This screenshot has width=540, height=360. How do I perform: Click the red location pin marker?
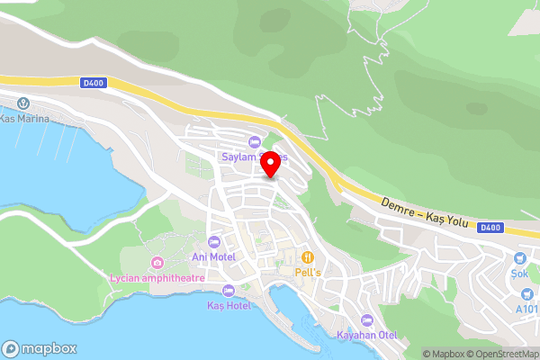[268, 161]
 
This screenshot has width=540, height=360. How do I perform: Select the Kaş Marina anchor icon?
[22, 103]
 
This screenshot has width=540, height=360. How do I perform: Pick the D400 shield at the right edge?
[490, 228]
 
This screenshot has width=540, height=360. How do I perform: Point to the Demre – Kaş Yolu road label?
[424, 214]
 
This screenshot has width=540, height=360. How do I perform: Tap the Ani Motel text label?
[213, 257]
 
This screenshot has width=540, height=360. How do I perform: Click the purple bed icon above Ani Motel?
[214, 242]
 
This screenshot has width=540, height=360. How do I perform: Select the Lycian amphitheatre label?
[157, 278]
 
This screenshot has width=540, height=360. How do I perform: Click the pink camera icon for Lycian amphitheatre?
[158, 263]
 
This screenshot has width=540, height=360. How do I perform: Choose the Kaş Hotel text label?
[228, 306]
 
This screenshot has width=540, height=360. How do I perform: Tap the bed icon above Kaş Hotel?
[228, 291]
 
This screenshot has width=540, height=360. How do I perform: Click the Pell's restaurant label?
[309, 271]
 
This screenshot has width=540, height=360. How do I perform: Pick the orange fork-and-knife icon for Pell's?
[309, 256]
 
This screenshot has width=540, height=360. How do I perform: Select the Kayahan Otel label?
[366, 336]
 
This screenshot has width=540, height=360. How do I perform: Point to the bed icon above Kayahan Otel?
[366, 320]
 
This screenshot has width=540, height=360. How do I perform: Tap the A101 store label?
[527, 310]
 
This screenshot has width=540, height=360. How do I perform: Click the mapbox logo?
[40, 349]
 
